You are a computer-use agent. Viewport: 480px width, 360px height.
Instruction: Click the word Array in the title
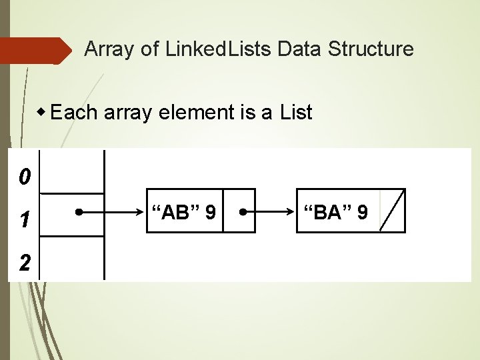(107, 49)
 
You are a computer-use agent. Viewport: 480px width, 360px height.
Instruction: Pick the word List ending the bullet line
(296, 113)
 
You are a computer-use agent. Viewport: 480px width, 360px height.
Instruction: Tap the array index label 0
(24, 177)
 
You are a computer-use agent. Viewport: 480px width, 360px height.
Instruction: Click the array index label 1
(24, 219)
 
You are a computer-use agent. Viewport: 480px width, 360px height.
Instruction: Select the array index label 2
(24, 262)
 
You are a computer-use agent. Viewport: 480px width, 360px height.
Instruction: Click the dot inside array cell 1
(78, 213)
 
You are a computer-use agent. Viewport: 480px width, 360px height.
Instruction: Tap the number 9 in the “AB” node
(210, 213)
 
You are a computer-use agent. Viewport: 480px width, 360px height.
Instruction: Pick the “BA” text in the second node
(327, 213)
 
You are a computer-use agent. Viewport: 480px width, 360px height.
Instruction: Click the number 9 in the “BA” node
(362, 213)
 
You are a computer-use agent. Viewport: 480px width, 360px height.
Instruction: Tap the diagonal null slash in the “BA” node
(392, 211)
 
